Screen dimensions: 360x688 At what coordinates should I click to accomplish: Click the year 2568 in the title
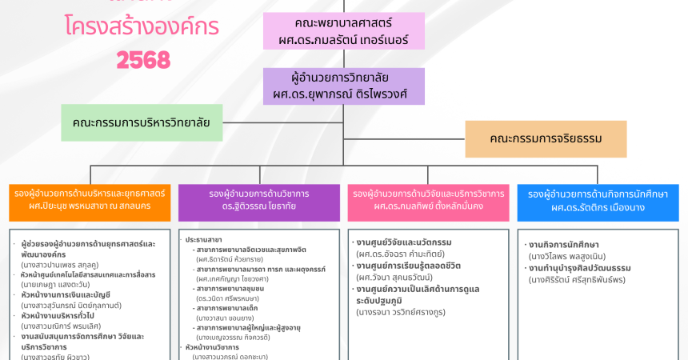coord(143,59)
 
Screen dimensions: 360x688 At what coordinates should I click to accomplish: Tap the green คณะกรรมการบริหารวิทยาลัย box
coord(141,122)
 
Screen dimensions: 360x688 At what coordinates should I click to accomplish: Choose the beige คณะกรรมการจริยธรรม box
coord(546,138)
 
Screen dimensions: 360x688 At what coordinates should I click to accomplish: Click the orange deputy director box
coord(90,201)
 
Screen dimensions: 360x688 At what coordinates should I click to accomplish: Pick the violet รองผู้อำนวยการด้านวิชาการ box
coord(258,201)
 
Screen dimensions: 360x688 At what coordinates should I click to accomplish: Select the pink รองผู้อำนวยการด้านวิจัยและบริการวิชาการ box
coord(428,201)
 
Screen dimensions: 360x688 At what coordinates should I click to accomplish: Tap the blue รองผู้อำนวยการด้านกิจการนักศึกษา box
coord(598,201)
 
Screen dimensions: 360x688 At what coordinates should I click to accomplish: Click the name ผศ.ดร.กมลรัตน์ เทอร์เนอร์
coord(344,39)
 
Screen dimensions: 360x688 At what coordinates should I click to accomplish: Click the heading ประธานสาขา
coord(204,239)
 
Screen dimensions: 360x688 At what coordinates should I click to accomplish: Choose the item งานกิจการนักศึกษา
coord(563,244)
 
